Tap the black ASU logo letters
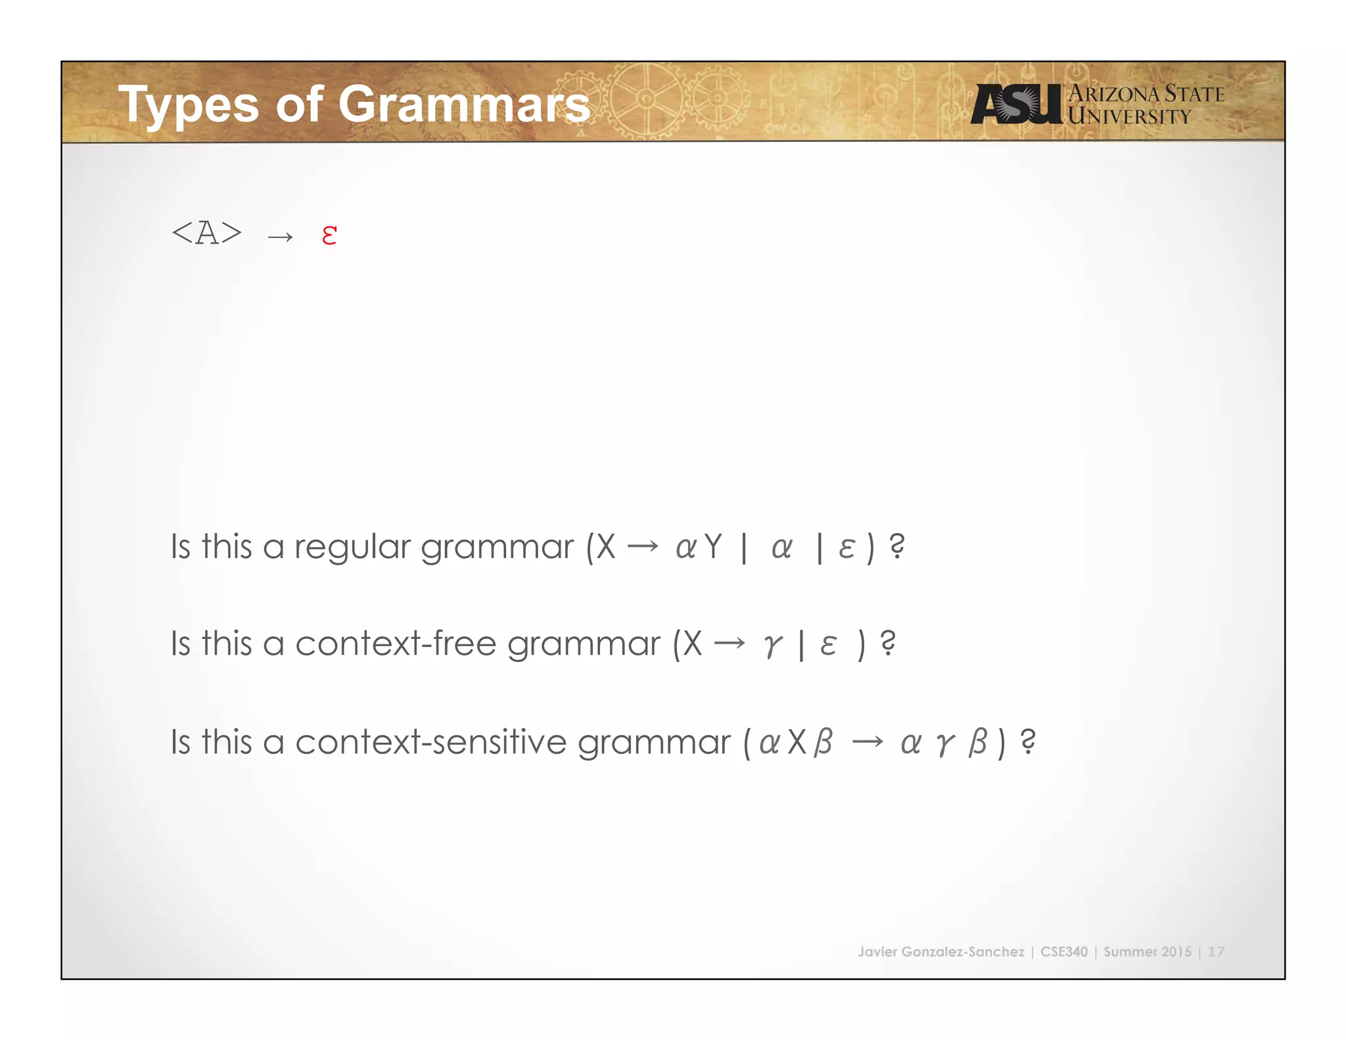(1016, 104)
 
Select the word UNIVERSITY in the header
(1129, 117)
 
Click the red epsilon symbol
(329, 235)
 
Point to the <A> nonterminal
(206, 233)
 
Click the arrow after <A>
(281, 236)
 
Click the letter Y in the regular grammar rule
(712, 546)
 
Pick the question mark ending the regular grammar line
(896, 546)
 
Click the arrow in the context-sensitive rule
(868, 742)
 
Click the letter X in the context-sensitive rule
(797, 742)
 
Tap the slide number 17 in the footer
(1216, 951)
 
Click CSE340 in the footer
(1063, 951)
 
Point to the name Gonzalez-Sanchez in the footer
(962, 951)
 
